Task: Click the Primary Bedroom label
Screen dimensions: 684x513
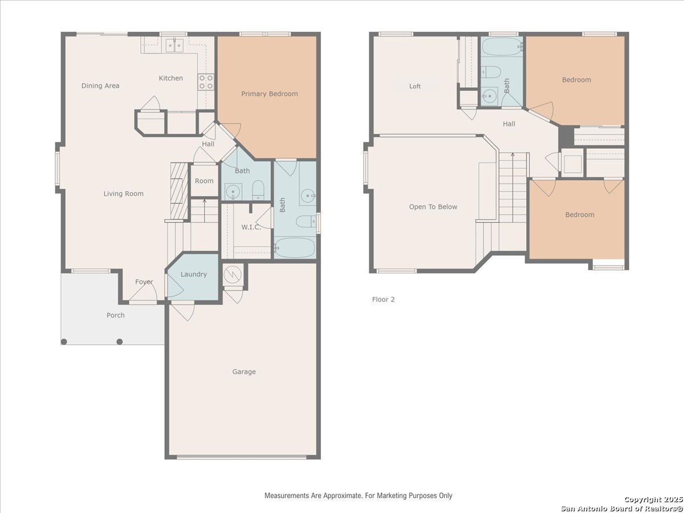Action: [270, 93]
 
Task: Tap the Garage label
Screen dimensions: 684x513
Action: [244, 372]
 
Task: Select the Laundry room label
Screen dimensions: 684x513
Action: [194, 274]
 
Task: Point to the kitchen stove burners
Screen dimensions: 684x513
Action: [206, 82]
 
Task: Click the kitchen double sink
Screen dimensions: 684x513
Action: [174, 46]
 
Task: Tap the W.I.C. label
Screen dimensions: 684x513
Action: [251, 227]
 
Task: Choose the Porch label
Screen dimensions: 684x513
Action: [116, 315]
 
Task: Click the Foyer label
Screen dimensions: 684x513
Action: [144, 282]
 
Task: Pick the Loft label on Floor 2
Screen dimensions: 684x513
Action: [415, 86]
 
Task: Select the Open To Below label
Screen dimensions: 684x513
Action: [433, 207]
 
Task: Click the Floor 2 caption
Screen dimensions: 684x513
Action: [383, 299]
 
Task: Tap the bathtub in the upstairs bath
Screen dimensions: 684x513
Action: [502, 47]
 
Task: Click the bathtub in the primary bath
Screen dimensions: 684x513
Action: [295, 248]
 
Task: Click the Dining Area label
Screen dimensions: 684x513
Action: [100, 85]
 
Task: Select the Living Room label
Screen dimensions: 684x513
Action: [123, 194]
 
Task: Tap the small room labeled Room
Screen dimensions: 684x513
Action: [204, 181]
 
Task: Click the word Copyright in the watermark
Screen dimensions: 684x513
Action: [643, 500]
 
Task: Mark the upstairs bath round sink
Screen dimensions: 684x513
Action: [490, 96]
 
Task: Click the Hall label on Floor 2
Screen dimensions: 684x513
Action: [509, 124]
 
